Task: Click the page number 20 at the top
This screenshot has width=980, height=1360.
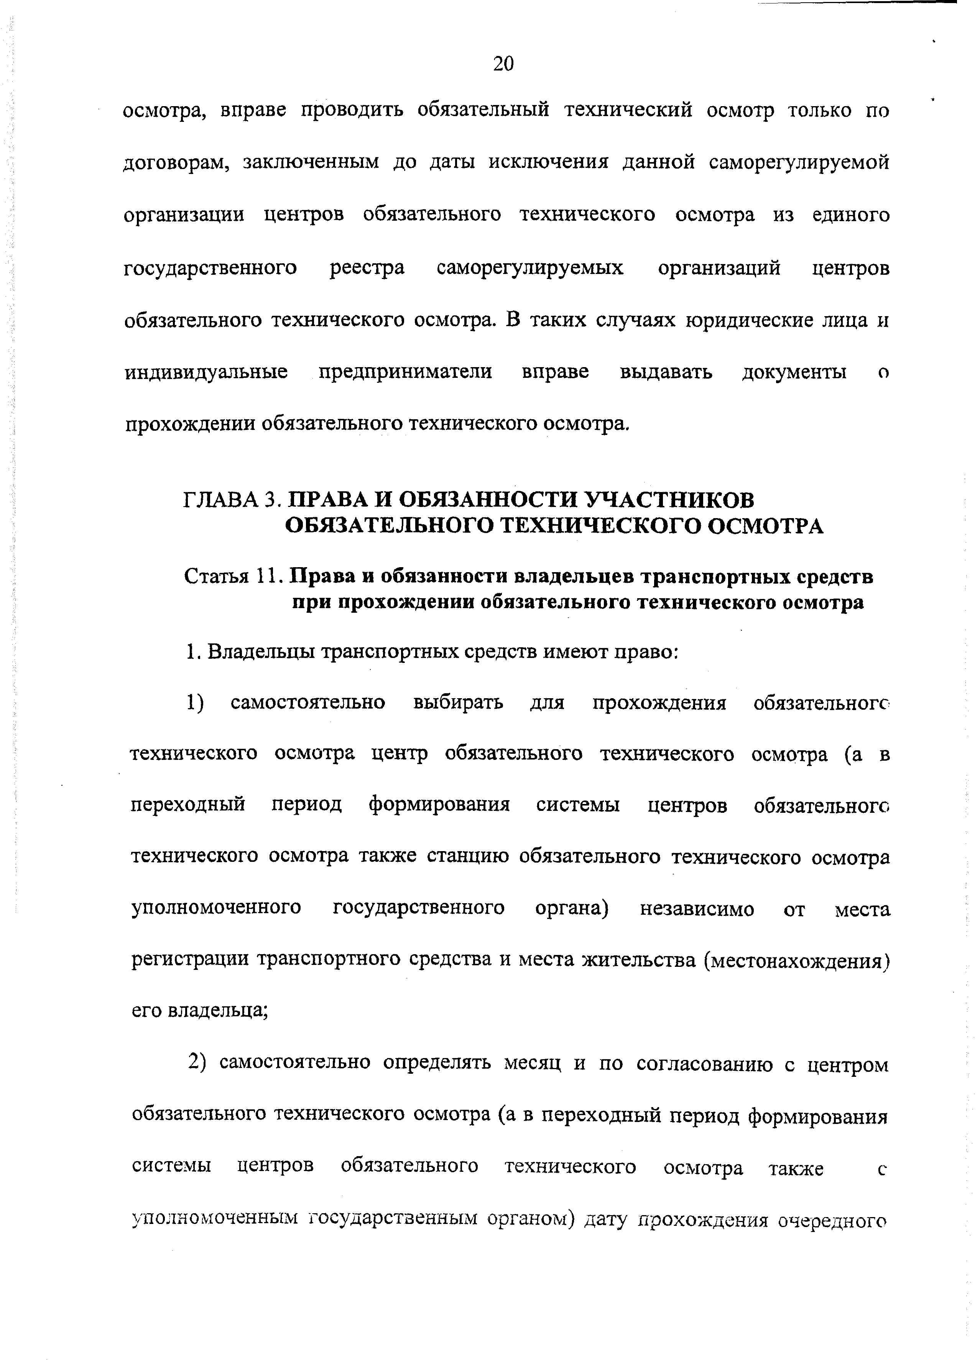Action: pos(503,63)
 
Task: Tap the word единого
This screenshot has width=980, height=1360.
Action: pos(851,215)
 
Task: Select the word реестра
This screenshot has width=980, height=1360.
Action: pos(367,267)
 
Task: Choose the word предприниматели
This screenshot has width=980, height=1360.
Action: pos(405,372)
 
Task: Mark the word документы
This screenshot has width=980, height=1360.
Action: pos(794,372)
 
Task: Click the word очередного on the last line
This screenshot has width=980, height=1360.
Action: pos(833,1220)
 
